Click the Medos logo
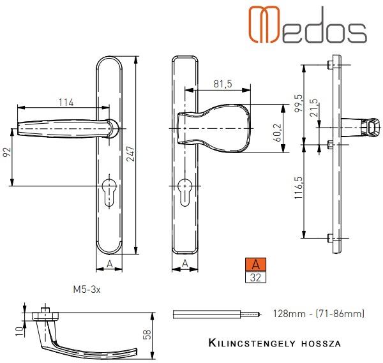pyautogui.click(x=308, y=24)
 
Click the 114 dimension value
pyautogui.click(x=66, y=102)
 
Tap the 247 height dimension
pyautogui.click(x=131, y=154)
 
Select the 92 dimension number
pyautogui.click(x=8, y=152)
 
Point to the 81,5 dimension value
pyautogui.click(x=223, y=84)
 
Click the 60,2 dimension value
pyautogui.click(x=277, y=133)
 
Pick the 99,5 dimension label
pyautogui.click(x=298, y=103)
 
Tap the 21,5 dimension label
pyautogui.click(x=313, y=107)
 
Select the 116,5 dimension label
pyautogui.click(x=298, y=188)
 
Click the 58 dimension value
pyautogui.click(x=147, y=334)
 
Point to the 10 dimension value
pyautogui.click(x=20, y=332)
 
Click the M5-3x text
pyautogui.click(x=87, y=289)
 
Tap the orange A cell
pyautogui.click(x=255, y=264)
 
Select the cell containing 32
pyautogui.click(x=255, y=277)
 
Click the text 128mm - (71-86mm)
pyautogui.click(x=319, y=313)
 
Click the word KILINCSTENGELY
pyautogui.click(x=252, y=343)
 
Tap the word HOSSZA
pyautogui.click(x=321, y=344)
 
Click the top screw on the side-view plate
pyautogui.click(x=330, y=64)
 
